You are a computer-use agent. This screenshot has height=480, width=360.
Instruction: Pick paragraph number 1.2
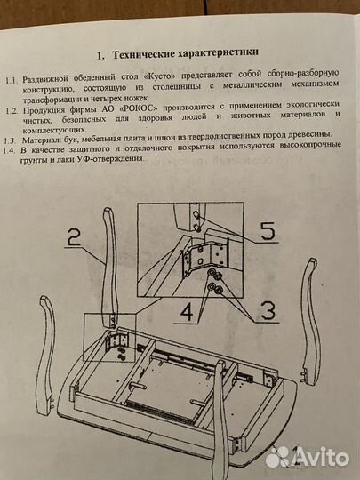[10, 110]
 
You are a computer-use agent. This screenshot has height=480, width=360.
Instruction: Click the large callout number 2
[75, 236]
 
